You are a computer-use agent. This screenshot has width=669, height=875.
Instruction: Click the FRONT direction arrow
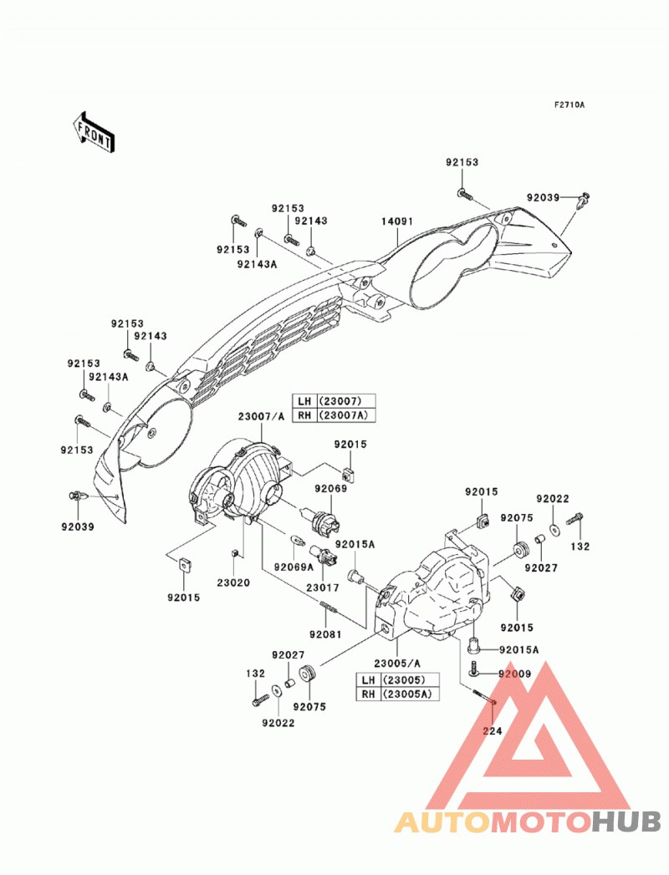94,132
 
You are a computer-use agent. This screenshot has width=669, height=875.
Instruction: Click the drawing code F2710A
569,104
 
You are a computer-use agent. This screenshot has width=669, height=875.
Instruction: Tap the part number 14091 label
397,221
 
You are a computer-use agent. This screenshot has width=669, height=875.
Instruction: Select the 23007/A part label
262,416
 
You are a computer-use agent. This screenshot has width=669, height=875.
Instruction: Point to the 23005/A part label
397,664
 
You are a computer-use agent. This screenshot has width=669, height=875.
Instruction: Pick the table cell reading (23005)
411,679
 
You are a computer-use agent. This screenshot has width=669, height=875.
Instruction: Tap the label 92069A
294,567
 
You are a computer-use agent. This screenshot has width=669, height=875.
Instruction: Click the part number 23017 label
322,588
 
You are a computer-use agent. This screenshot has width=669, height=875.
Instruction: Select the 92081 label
325,634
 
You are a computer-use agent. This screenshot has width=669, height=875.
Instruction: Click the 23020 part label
233,583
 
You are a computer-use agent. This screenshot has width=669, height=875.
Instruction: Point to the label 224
492,730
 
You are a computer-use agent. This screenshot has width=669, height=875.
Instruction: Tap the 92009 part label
515,674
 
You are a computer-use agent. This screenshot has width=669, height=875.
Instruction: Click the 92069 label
330,488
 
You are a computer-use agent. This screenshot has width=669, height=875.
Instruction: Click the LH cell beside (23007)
304,401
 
